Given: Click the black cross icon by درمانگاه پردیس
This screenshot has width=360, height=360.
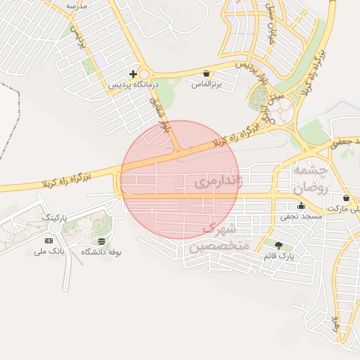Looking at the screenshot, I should (133, 74).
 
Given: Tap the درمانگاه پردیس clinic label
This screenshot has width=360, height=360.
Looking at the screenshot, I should (134, 84).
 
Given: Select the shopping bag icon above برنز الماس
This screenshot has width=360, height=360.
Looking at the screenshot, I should (205, 73).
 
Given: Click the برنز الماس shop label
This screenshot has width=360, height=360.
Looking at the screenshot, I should (207, 84).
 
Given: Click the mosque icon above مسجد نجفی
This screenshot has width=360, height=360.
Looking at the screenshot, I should (302, 206).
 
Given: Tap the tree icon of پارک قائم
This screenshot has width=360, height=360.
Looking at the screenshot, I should (279, 245).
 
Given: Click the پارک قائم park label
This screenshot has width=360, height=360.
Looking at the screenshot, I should (279, 256).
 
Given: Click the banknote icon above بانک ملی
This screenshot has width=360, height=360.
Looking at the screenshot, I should (49, 240).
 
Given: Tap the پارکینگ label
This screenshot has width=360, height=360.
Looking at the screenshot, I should (58, 219).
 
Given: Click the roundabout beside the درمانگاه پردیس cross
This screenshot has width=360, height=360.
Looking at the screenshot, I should (144, 75).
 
